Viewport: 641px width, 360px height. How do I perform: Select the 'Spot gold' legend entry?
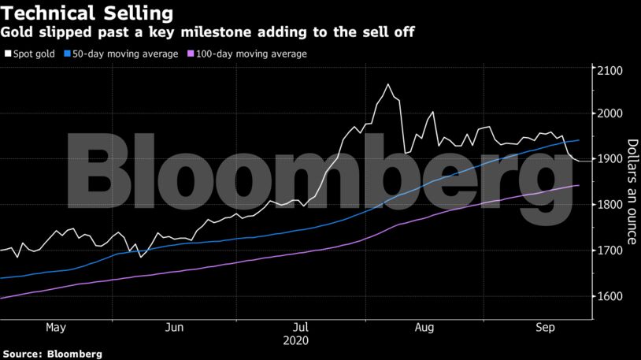tap(34, 54)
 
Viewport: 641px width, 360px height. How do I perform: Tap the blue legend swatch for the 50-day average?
tap(68, 54)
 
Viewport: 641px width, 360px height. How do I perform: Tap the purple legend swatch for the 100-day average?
tap(189, 54)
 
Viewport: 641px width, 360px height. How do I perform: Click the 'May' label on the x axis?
tap(56, 327)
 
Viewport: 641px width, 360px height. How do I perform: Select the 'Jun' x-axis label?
tap(176, 327)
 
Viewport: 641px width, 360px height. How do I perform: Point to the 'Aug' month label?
tap(424, 327)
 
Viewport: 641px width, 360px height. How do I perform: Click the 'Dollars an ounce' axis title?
tap(632, 183)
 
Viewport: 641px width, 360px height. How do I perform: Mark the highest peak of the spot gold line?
tap(387, 84)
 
